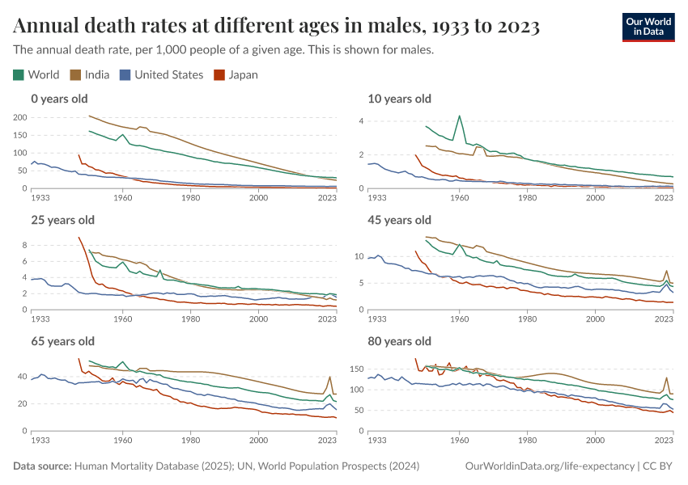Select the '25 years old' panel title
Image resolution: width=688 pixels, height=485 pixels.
pyautogui.click(x=62, y=220)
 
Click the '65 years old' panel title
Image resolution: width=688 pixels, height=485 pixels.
pyautogui.click(x=62, y=341)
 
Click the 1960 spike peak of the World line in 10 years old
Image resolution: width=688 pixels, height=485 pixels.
pyautogui.click(x=460, y=116)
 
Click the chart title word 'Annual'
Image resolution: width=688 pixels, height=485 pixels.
pyautogui.click(x=49, y=27)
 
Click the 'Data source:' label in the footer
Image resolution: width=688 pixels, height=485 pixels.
pyautogui.click(x=42, y=466)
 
